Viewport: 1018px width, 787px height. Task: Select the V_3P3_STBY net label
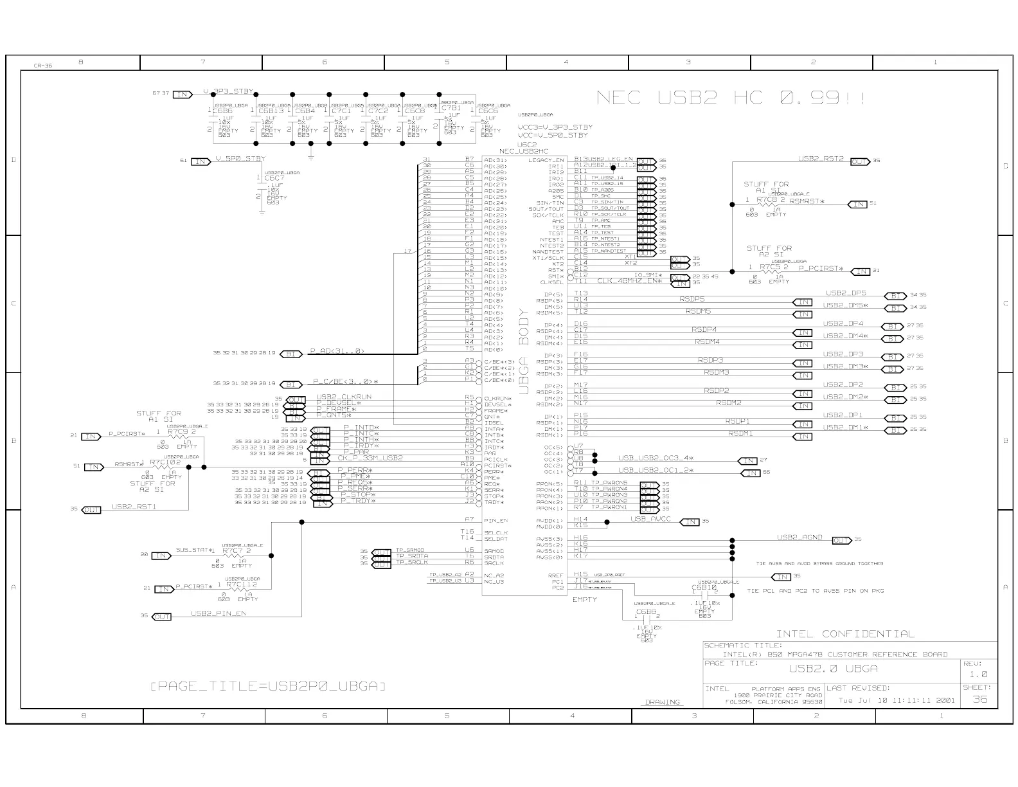pyautogui.click(x=228, y=91)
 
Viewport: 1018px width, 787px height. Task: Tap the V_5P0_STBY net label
pyautogui.click(x=240, y=158)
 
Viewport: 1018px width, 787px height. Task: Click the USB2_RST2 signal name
pyautogui.click(x=821, y=158)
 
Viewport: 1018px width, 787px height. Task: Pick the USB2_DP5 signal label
pyautogui.click(x=845, y=293)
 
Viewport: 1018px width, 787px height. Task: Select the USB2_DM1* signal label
pyautogui.click(x=845, y=428)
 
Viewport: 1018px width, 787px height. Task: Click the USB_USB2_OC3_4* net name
pyautogui.click(x=656, y=458)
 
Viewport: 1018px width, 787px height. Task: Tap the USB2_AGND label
pyautogui.click(x=799, y=537)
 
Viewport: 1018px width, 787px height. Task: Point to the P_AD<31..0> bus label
pyautogui.click(x=337, y=351)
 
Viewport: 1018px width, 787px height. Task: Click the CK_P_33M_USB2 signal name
pyautogui.click(x=370, y=458)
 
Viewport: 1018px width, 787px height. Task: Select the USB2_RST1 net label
pyautogui.click(x=134, y=507)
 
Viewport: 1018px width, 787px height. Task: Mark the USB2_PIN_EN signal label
pyautogui.click(x=219, y=613)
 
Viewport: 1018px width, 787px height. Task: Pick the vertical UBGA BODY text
pyautogui.click(x=524, y=351)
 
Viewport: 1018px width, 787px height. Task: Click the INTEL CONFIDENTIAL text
pyautogui.click(x=845, y=634)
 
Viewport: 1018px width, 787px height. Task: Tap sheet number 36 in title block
pyautogui.click(x=979, y=699)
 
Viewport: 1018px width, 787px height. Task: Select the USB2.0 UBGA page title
pyautogui.click(x=833, y=669)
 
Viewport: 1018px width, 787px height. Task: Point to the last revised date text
pyautogui.click(x=897, y=700)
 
